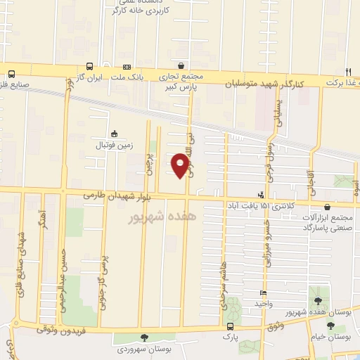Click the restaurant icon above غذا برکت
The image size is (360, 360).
(x=347, y=72)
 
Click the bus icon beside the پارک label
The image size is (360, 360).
(x=230, y=327)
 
